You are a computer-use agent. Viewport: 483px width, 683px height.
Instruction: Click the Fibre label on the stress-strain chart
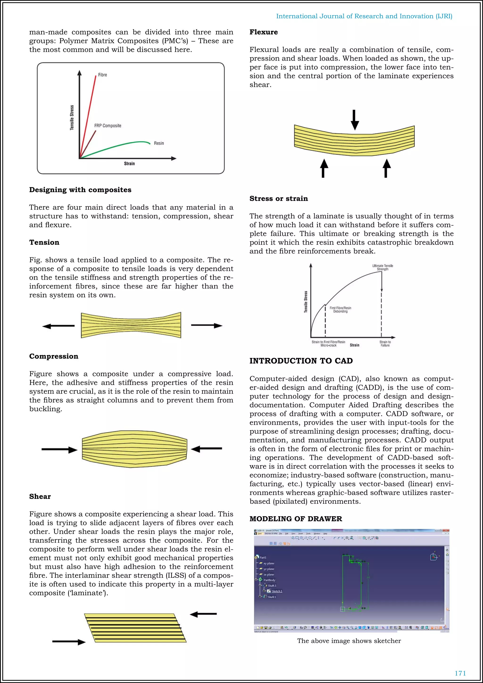click(103, 75)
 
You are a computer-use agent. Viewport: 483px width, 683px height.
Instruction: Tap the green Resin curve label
click(159, 143)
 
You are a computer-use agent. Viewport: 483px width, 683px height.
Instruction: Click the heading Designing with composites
click(80, 190)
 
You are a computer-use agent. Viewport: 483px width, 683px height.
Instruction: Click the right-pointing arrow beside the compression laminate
click(59, 450)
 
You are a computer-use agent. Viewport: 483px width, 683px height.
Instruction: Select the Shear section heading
click(40, 496)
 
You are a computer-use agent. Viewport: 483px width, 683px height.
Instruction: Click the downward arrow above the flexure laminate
click(354, 120)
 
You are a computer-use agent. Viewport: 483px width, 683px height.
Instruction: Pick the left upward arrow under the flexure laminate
click(324, 168)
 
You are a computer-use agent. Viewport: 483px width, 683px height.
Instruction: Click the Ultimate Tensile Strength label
click(383, 267)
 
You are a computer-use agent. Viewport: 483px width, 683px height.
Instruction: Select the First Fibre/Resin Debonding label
click(340, 309)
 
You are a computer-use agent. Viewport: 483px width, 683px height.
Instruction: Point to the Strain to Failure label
click(385, 344)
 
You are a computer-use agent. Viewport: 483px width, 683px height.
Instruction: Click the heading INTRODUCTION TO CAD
click(301, 361)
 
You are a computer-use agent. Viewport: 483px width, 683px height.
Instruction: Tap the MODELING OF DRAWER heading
click(296, 519)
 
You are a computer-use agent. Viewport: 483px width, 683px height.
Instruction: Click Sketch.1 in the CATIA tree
click(277, 591)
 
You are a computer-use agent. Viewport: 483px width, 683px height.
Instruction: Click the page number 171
click(460, 673)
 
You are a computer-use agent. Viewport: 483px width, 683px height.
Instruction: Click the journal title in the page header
click(364, 16)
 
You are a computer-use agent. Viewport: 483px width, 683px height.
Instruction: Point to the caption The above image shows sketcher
click(349, 641)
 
